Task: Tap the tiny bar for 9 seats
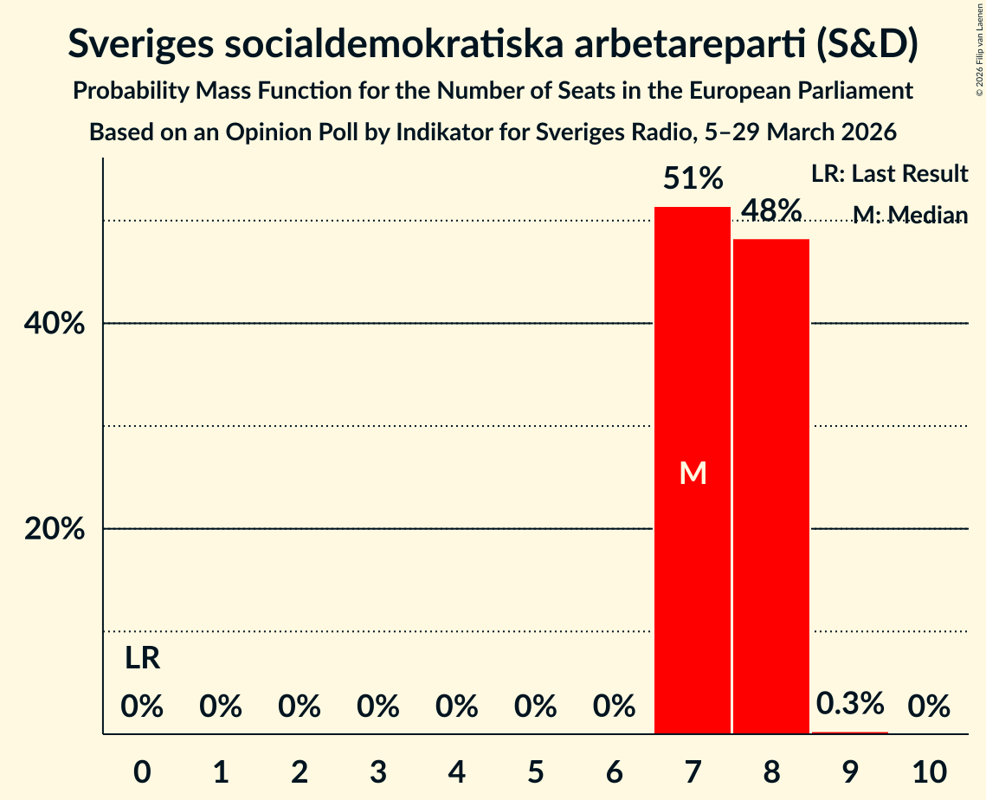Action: tap(849, 732)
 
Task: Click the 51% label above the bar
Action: tap(693, 179)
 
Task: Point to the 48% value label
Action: tap(770, 210)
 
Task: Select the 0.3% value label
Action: tap(850, 703)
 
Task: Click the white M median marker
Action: tap(693, 473)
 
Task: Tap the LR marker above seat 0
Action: tap(142, 659)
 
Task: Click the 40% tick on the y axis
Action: tap(55, 324)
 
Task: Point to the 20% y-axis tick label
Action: tap(55, 529)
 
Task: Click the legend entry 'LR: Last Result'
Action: tap(889, 174)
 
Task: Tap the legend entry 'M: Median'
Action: tap(910, 215)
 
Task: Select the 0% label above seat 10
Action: tap(928, 707)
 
